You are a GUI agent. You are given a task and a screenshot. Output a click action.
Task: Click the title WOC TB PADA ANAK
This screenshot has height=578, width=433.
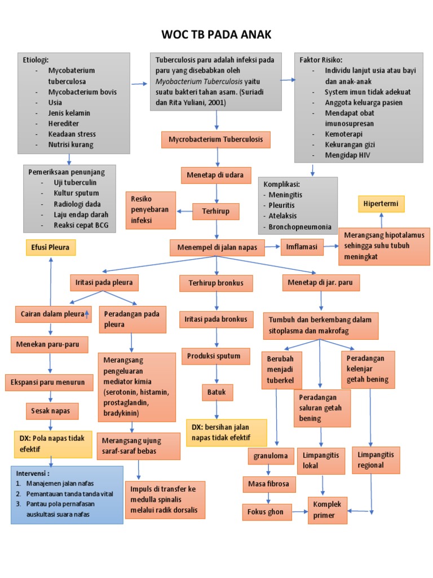216,35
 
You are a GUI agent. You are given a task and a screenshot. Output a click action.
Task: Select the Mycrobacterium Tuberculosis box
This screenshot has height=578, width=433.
216,139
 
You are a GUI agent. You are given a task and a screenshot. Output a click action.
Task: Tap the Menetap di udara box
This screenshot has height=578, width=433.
215,176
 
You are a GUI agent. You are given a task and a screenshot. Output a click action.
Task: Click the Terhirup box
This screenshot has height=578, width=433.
215,212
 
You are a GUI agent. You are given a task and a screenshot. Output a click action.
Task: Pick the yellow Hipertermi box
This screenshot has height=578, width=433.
382,204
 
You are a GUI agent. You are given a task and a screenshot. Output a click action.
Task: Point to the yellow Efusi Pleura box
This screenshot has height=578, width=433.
51,247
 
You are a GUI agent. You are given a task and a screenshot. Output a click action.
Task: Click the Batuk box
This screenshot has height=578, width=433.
217,392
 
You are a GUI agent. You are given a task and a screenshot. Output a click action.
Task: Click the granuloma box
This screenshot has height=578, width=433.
271,456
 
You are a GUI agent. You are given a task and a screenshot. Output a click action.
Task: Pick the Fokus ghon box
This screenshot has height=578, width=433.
267,513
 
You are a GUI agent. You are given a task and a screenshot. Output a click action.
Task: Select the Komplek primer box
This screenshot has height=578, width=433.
328,510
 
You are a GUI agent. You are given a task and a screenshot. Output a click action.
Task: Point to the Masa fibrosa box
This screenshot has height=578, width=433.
268,484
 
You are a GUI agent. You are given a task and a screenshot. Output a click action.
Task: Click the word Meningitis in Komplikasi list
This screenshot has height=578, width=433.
286,195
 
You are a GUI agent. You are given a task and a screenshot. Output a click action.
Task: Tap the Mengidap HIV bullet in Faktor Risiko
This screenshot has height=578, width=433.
350,155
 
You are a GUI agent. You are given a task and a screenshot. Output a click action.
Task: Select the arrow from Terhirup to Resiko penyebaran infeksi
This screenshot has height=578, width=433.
184,212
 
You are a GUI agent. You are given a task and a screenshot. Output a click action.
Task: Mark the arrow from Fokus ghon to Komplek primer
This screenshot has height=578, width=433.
299,513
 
